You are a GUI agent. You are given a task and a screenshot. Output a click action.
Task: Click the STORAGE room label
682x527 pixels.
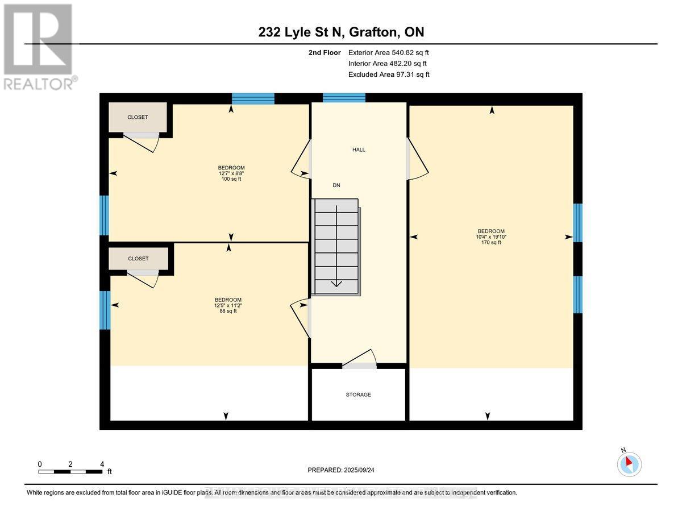click(358, 395)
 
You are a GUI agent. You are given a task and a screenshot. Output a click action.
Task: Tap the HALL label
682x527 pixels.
click(359, 150)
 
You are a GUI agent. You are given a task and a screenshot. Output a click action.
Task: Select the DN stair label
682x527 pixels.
click(336, 185)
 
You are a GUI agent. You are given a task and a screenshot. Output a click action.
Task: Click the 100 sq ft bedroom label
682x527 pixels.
click(231, 173)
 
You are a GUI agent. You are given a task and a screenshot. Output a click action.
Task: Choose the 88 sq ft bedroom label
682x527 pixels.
click(227, 305)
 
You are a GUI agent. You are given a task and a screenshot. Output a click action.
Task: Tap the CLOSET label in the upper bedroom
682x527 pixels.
click(138, 117)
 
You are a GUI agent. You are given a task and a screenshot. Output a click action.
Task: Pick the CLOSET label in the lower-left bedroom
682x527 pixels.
click(138, 259)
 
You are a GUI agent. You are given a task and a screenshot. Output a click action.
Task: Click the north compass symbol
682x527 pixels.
click(629, 464)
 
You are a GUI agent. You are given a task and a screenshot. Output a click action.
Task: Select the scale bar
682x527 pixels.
click(70, 471)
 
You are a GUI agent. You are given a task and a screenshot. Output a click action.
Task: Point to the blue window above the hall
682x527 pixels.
click(344, 98)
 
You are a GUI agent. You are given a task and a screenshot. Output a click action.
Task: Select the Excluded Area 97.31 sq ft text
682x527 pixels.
click(389, 74)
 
